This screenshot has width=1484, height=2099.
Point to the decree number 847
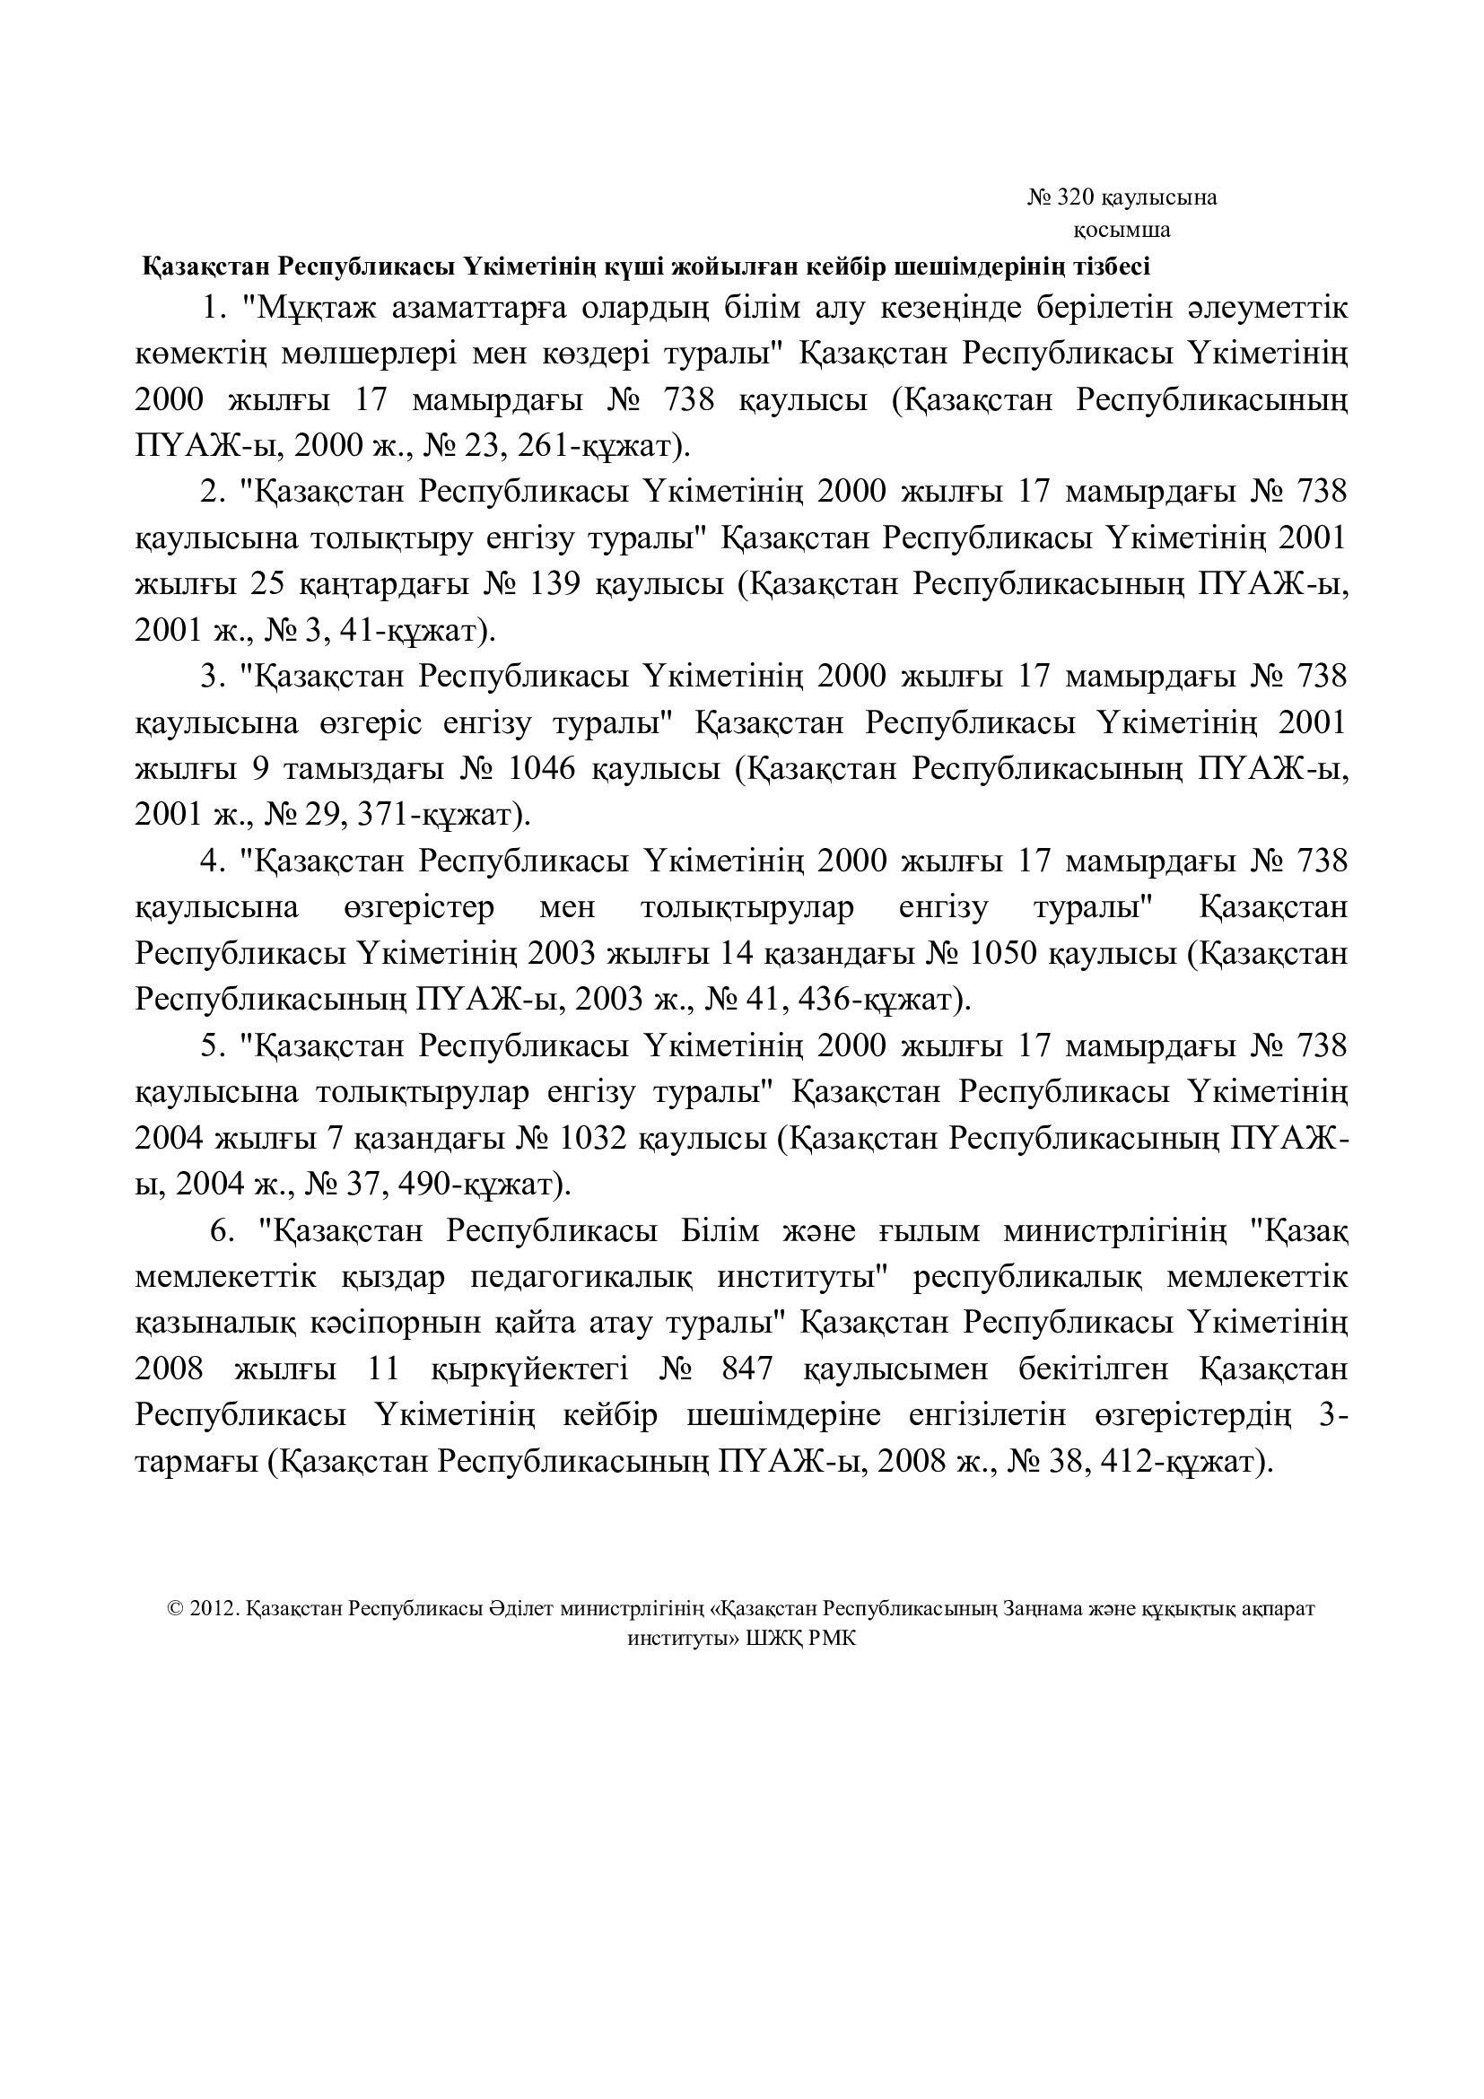pyautogui.click(x=746, y=1369)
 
